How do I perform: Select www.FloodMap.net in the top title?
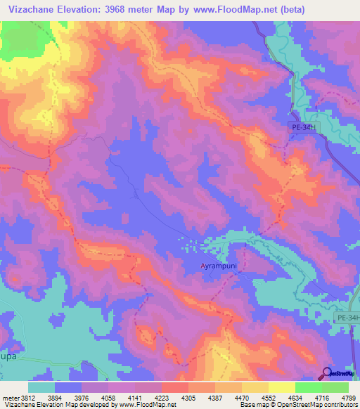[x=226, y=9]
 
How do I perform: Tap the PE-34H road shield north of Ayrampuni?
[x=304, y=127]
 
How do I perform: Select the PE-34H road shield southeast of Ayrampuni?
[x=347, y=318]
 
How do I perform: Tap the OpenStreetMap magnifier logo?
[x=326, y=373]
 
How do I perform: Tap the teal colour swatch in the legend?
[x=41, y=387]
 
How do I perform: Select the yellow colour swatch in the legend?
[x=281, y=387]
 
